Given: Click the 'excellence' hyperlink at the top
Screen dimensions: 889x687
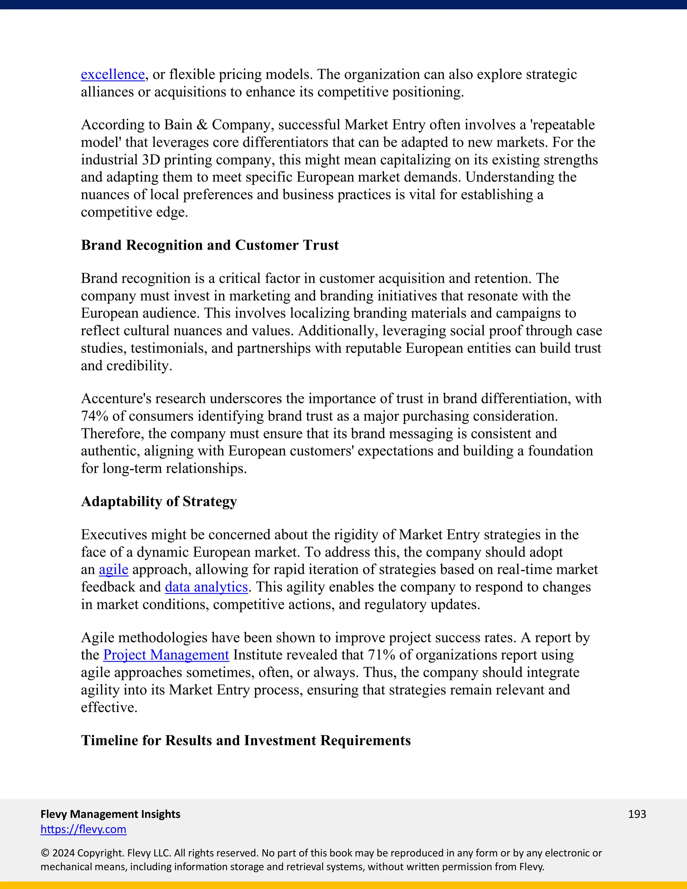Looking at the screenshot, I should [113, 74].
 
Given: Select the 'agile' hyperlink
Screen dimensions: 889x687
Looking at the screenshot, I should [114, 570].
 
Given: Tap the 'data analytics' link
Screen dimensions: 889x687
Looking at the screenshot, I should [206, 587].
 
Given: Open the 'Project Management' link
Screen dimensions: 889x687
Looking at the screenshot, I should [166, 655].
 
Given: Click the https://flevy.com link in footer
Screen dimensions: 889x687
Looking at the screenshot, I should [84, 829].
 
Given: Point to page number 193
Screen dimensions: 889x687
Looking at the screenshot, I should [637, 814].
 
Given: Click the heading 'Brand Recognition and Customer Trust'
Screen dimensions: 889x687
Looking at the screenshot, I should [210, 245].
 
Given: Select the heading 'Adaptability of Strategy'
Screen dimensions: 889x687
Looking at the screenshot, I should [159, 502].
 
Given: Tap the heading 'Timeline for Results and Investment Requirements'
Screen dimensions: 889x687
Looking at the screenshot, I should [246, 740].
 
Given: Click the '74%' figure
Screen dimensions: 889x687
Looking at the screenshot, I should [94, 416].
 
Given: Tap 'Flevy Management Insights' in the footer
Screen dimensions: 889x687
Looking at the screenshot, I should [110, 814].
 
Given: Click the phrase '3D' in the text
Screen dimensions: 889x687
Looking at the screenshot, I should [151, 160].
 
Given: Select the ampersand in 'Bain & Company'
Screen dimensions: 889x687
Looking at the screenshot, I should [202, 124].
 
